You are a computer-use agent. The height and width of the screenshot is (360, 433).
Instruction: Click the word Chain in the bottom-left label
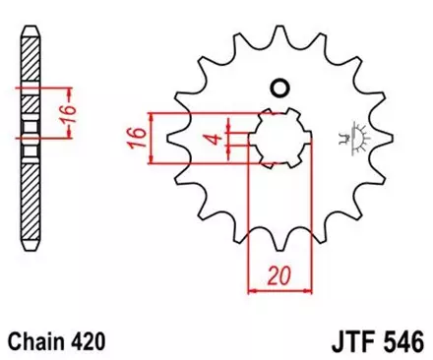pos(40,341)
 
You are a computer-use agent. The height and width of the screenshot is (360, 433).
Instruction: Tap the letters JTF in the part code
pos(347,341)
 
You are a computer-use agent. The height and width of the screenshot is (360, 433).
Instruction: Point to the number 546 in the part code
pos(402,341)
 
